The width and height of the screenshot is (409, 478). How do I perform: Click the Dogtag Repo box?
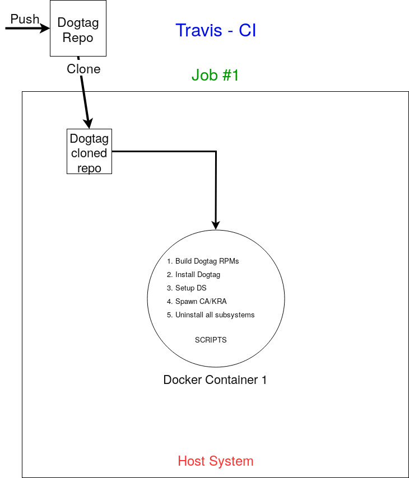click(x=78, y=29)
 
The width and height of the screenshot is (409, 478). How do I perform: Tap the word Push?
click(x=25, y=20)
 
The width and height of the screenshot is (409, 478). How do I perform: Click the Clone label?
click(x=83, y=69)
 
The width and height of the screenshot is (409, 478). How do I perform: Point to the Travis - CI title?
click(x=216, y=30)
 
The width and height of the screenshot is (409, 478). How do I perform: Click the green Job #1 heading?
click(x=215, y=75)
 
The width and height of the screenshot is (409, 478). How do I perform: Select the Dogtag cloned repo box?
click(x=89, y=152)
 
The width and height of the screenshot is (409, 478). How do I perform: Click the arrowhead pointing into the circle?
click(x=216, y=224)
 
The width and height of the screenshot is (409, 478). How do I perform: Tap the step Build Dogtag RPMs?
click(x=206, y=261)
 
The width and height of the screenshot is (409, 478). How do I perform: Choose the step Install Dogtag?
click(x=197, y=275)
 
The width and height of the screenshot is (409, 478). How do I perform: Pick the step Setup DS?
click(x=190, y=288)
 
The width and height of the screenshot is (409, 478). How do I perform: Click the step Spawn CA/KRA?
click(x=200, y=302)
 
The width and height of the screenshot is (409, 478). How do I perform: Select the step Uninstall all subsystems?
click(x=214, y=315)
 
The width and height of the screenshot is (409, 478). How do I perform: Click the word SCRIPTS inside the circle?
click(x=211, y=340)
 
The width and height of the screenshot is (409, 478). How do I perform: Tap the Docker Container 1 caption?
click(x=215, y=380)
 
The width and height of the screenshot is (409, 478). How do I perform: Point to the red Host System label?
click(x=216, y=461)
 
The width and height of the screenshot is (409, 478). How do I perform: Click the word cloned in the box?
click(x=89, y=153)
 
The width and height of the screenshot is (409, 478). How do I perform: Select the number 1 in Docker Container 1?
click(x=263, y=380)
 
